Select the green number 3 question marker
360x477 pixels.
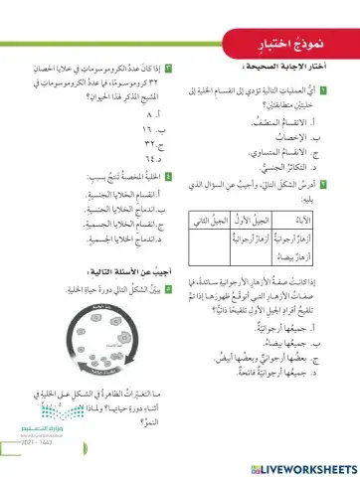[170, 67]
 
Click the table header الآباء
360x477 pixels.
[323, 218]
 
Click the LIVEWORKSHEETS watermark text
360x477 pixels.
[299, 465]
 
